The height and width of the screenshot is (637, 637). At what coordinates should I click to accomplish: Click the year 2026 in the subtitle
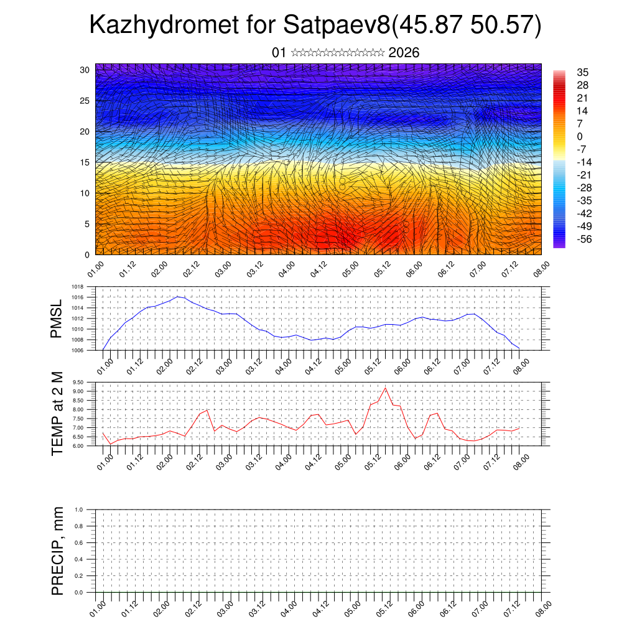(404, 53)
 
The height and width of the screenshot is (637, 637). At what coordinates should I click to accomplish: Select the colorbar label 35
(582, 73)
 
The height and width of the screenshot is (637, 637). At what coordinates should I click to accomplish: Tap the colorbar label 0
(580, 136)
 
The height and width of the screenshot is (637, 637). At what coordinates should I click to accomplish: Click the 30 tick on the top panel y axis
(85, 70)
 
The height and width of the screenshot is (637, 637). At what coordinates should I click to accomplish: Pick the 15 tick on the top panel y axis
(85, 162)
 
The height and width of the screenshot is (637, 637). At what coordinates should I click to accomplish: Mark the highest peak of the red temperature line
(385, 388)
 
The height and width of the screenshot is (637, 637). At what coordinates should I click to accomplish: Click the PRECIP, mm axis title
(57, 551)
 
